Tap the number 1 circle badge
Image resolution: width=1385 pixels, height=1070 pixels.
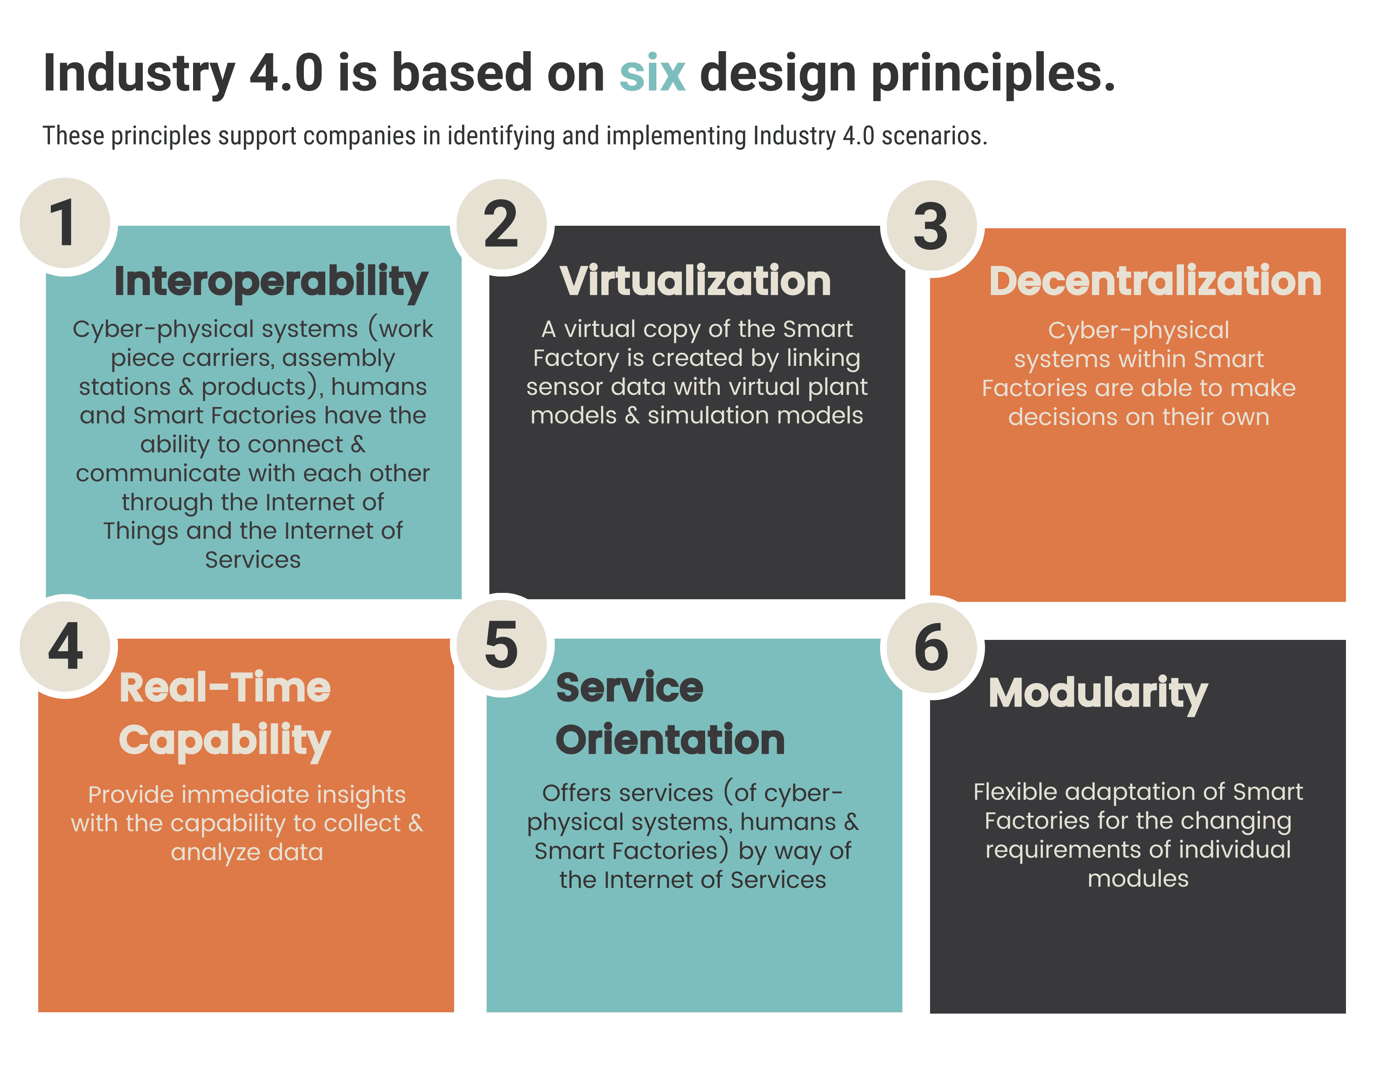(x=65, y=223)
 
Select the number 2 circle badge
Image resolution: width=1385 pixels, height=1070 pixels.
(x=502, y=224)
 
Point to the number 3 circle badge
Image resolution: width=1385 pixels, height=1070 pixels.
(x=932, y=226)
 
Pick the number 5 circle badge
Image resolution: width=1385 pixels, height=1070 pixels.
(x=502, y=645)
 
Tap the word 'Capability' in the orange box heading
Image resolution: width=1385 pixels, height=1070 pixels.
(x=225, y=741)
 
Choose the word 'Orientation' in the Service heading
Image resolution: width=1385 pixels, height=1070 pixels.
(x=670, y=740)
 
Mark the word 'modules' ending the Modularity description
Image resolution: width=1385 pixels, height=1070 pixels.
(x=1138, y=879)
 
